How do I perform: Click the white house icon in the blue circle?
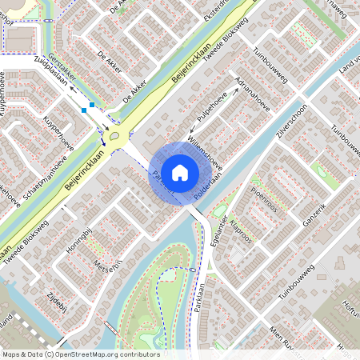tap(180, 171)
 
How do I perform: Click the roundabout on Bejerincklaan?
tap(119, 135)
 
